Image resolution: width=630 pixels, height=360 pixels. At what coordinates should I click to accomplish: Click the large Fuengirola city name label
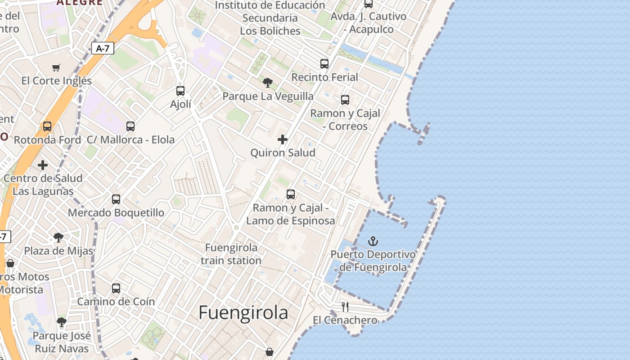point(243,312)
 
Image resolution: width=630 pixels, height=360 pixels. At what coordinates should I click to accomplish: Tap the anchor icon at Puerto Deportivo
point(373,242)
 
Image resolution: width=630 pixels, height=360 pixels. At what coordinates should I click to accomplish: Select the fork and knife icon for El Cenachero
point(345,307)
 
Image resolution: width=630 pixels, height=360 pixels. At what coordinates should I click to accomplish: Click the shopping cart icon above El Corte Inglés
point(56,68)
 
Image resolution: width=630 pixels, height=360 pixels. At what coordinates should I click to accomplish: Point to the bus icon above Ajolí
point(180,91)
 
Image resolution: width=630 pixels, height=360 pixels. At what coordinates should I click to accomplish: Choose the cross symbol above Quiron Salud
point(283,139)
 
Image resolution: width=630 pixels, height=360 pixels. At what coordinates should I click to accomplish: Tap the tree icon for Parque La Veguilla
point(268,83)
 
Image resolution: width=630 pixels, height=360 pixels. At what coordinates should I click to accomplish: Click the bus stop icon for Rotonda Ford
point(47,126)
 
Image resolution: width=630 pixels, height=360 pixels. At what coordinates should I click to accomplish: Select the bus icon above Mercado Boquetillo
point(116,199)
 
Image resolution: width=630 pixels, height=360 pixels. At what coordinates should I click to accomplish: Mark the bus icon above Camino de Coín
point(116,288)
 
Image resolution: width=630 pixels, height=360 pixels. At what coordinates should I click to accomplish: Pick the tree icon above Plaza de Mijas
point(58,237)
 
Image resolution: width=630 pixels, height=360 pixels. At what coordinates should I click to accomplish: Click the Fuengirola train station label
point(231,254)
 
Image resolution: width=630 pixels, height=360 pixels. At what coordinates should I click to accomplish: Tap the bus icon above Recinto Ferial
point(324,64)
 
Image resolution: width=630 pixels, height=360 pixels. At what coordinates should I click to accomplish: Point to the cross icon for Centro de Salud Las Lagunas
point(43,165)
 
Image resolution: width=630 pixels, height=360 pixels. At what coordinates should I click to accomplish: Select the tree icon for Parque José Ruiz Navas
point(62,322)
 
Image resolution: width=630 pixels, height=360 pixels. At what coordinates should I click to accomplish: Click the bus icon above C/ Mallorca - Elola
point(130,126)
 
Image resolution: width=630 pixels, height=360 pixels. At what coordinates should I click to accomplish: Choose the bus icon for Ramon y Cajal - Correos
point(345,100)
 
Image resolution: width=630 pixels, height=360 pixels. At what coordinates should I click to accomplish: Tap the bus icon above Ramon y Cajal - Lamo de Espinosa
point(291,194)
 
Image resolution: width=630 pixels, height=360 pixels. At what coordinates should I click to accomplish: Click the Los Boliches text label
point(270,31)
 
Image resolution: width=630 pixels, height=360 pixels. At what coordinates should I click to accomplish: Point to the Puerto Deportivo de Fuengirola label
point(373,261)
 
